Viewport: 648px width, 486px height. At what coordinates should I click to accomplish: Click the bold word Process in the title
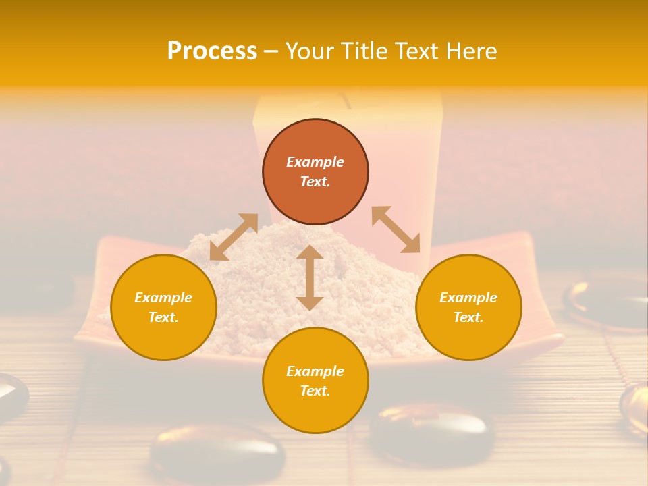pyautogui.click(x=212, y=51)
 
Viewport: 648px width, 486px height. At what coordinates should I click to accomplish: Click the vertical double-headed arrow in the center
pyautogui.click(x=310, y=277)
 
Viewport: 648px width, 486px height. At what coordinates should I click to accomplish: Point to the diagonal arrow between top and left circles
pyautogui.click(x=234, y=237)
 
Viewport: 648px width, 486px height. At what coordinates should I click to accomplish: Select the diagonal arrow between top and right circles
pyautogui.click(x=396, y=230)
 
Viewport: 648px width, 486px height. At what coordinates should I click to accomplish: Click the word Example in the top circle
pyautogui.click(x=315, y=162)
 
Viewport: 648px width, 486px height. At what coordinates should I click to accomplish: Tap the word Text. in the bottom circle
pyautogui.click(x=315, y=391)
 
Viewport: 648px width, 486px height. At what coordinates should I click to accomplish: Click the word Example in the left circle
pyautogui.click(x=163, y=298)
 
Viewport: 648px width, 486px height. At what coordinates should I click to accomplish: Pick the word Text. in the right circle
pyautogui.click(x=468, y=317)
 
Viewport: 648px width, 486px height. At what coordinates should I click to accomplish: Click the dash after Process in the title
pyautogui.click(x=271, y=52)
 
